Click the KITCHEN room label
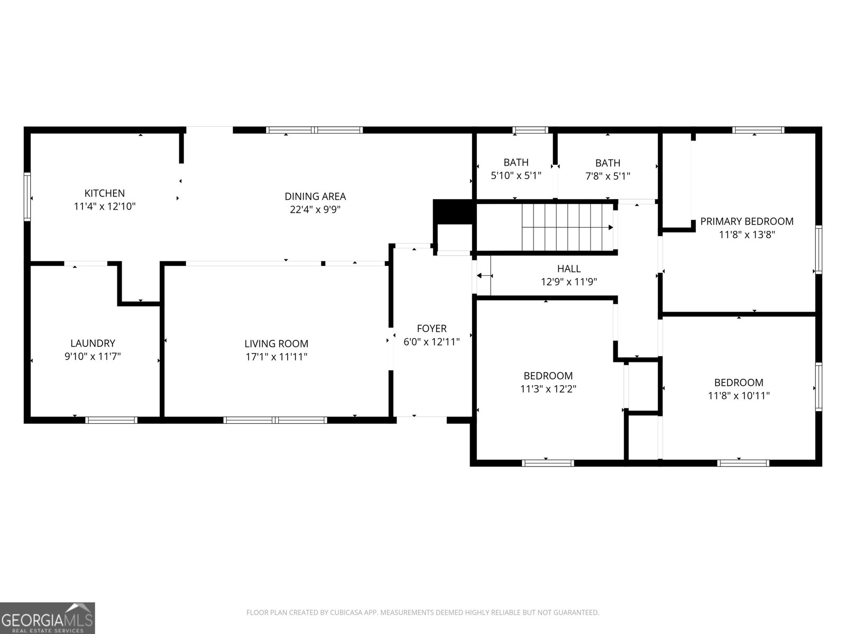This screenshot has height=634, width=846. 105,193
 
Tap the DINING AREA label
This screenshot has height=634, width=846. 315,197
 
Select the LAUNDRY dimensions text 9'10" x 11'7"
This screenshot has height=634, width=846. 93,357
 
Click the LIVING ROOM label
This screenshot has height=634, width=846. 276,343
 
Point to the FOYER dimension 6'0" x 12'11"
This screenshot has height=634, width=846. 431,342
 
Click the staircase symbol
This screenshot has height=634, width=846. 567,228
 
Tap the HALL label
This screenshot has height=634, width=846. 568,268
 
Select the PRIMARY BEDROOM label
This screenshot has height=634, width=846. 747,221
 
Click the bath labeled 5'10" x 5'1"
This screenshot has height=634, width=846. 516,169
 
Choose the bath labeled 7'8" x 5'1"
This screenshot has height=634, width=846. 608,170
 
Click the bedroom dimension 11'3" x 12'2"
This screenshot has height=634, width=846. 548,389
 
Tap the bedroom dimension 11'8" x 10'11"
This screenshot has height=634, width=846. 739,396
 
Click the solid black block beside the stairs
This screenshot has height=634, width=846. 453,211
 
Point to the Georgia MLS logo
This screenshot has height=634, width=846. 48,618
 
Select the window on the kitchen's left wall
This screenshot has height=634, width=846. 27,195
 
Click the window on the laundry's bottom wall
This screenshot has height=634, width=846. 112,420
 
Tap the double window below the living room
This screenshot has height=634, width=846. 275,420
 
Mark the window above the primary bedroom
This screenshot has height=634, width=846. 758,130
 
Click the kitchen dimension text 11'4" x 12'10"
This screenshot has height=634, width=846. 105,207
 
